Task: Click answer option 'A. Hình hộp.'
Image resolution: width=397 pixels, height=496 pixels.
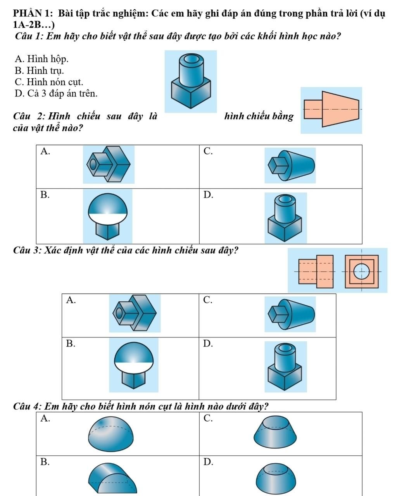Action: [x=41, y=59]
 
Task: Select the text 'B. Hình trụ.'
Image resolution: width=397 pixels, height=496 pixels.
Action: [x=39, y=71]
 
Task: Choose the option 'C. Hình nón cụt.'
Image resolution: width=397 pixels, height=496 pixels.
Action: [x=48, y=82]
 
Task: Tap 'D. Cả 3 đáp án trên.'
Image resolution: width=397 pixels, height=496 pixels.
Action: [x=56, y=93]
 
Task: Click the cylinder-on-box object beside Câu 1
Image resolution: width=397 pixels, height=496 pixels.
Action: [x=191, y=81]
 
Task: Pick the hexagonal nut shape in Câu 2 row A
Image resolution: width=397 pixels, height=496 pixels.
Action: [x=109, y=164]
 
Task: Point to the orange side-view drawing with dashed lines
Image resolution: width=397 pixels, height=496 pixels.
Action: [x=316, y=271]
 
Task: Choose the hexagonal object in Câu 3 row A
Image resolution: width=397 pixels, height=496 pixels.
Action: [x=135, y=313]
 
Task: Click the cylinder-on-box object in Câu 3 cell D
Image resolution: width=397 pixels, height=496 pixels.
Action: [x=285, y=366]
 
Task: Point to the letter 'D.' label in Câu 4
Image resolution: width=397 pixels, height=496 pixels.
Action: [x=208, y=462]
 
